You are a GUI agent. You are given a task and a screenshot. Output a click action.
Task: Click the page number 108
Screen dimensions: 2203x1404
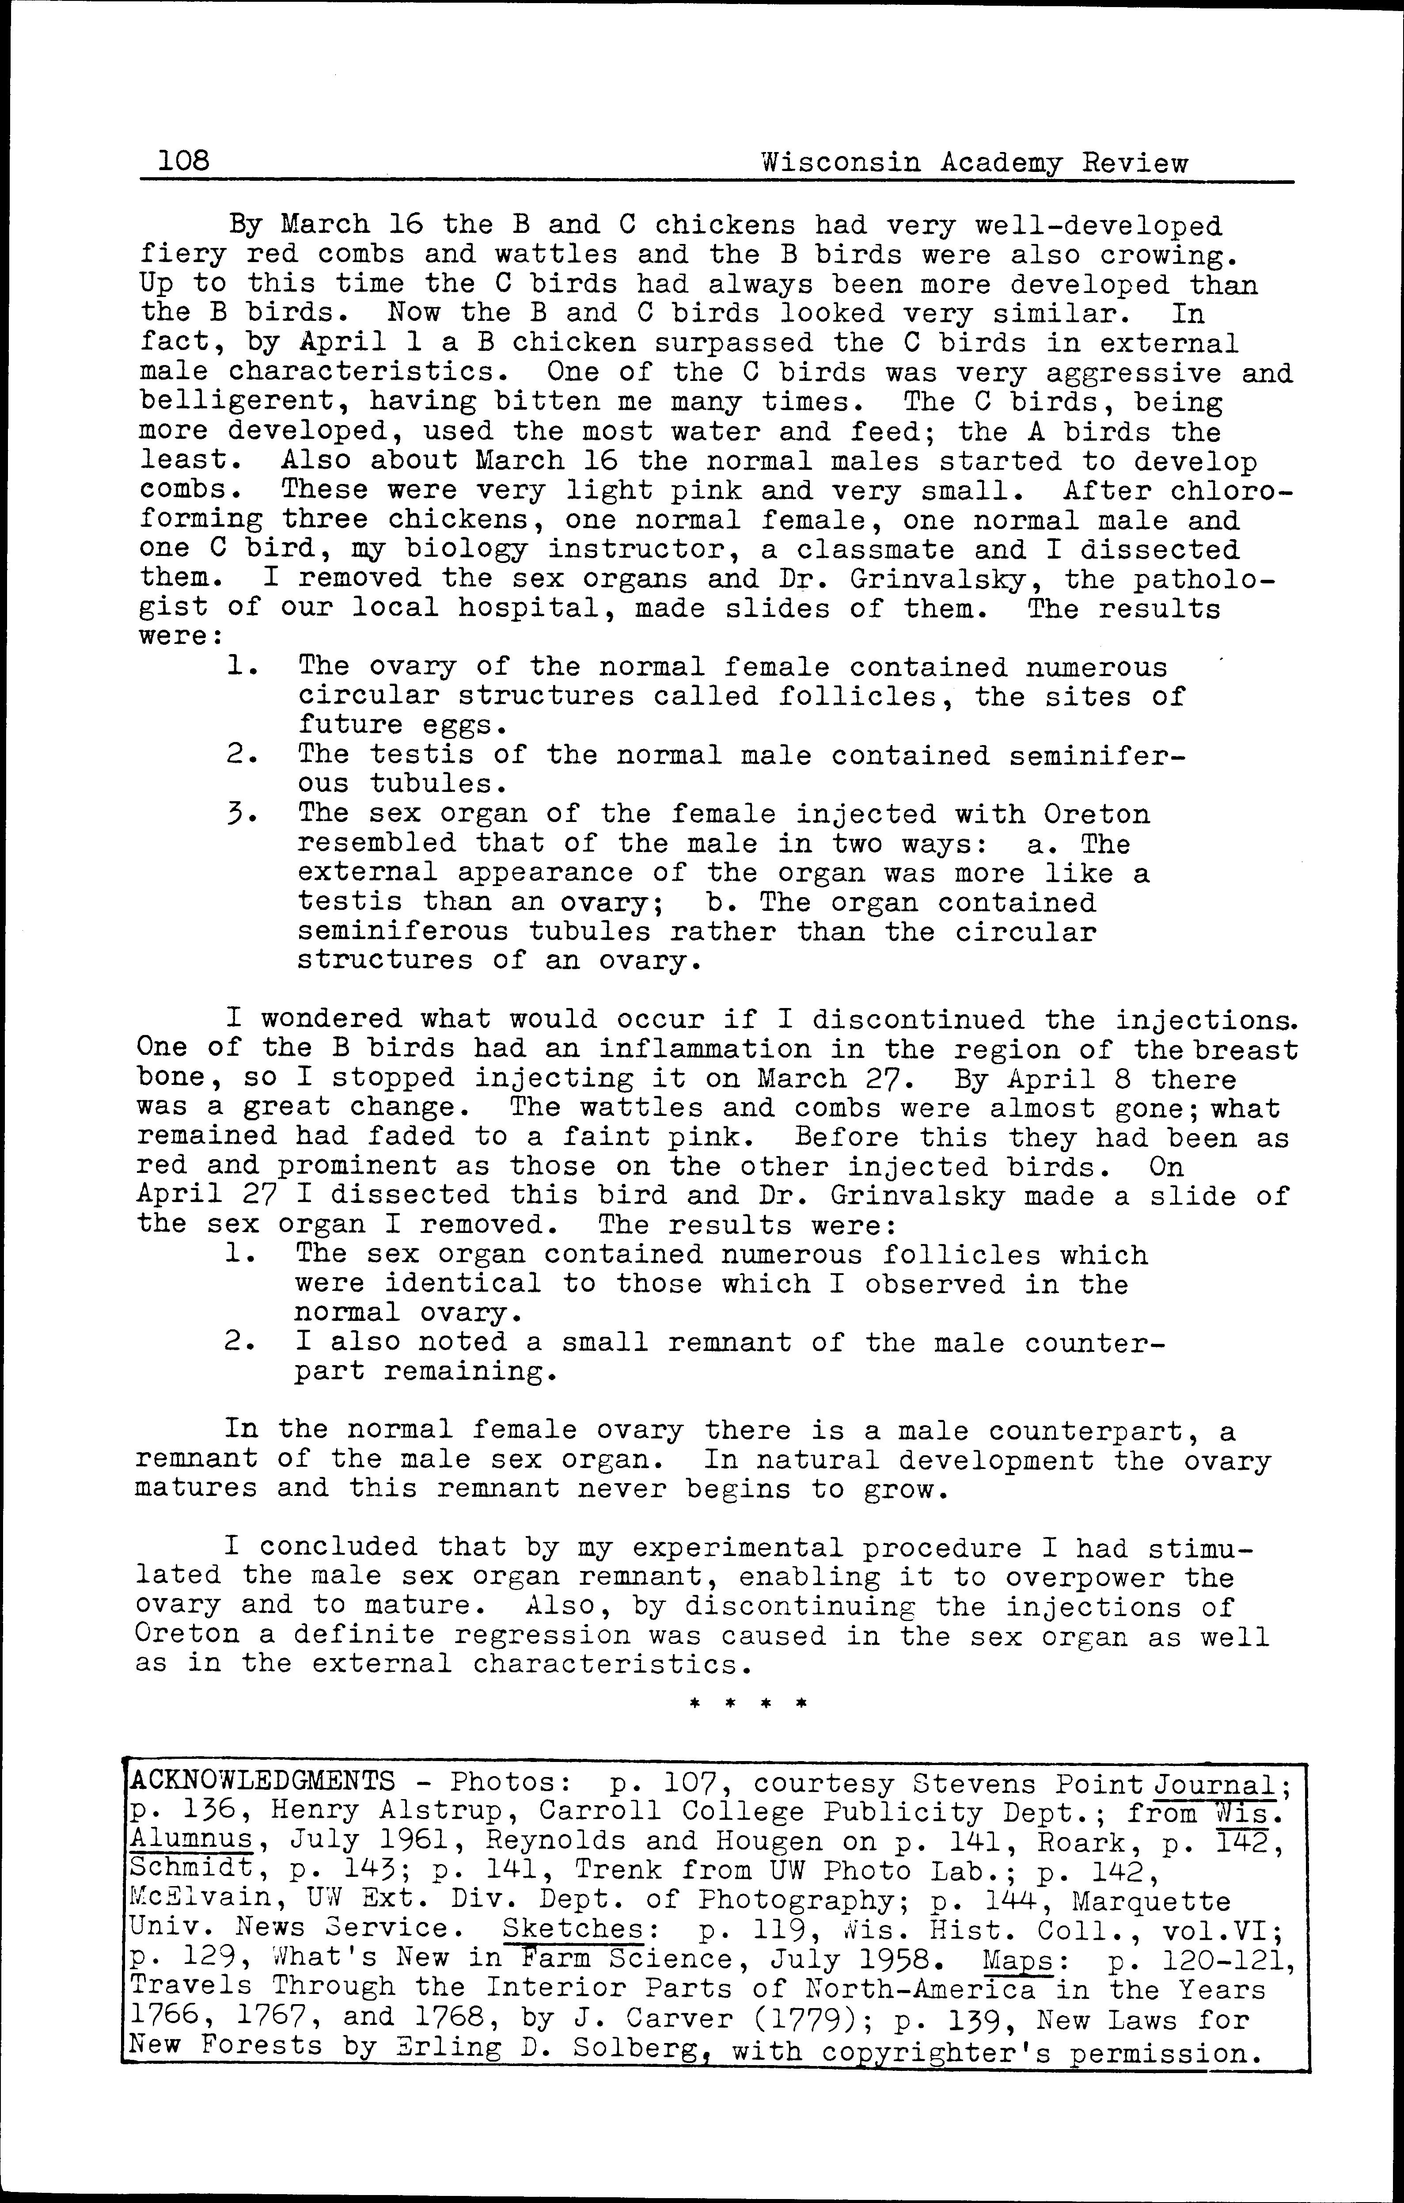[x=184, y=163]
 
